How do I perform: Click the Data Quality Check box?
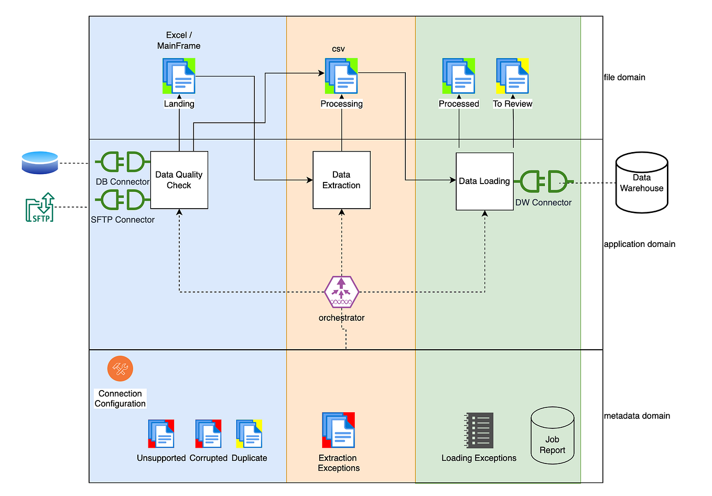tap(179, 180)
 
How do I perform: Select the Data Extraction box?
tap(341, 180)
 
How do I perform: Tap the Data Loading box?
tap(484, 181)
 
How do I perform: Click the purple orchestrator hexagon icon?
tap(341, 292)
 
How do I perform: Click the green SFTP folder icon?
tap(40, 208)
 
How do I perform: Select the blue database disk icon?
tap(40, 163)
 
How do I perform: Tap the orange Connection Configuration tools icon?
tap(120, 369)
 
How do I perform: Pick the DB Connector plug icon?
tap(123, 162)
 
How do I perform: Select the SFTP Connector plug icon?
tap(123, 200)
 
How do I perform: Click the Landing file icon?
tap(179, 76)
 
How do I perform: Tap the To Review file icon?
tap(512, 76)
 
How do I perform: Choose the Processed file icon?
tap(459, 76)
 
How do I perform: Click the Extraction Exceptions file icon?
tap(338, 430)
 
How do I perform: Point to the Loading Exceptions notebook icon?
tap(479, 430)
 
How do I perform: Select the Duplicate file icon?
tap(249, 434)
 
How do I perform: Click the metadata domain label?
tap(637, 416)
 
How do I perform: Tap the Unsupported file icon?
tap(161, 434)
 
